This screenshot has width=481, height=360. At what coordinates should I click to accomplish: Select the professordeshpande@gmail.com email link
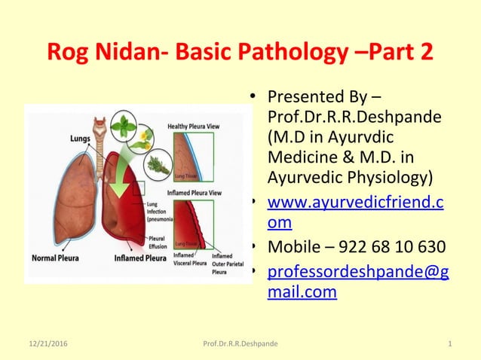pos(358,282)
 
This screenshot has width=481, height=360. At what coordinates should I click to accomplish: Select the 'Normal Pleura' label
pos(60,258)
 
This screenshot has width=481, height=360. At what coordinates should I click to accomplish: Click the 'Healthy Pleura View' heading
pos(195,126)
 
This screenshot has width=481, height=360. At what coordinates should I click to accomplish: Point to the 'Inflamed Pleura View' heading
pos(194,194)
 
